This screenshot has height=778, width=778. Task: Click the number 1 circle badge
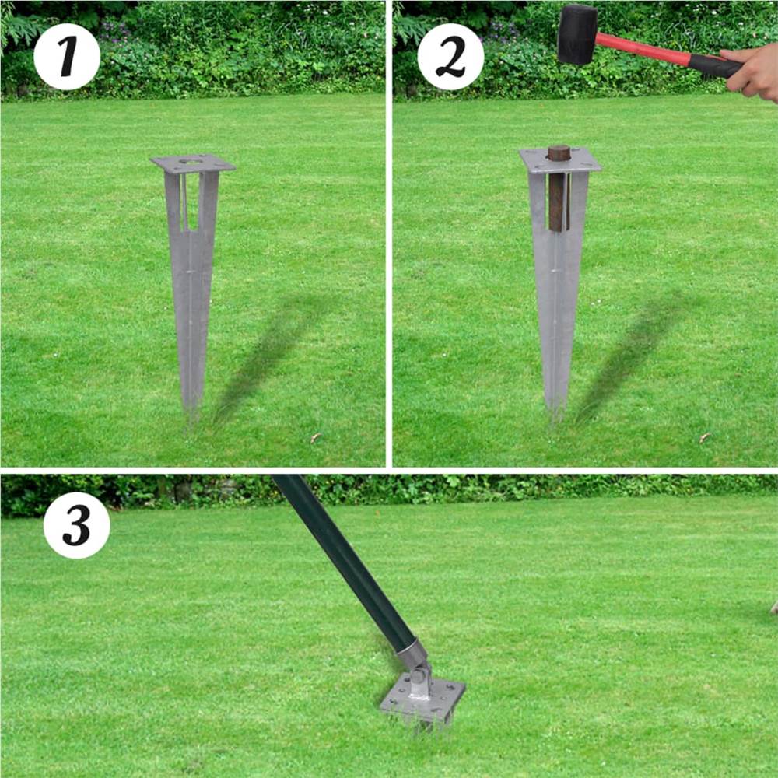(67, 57)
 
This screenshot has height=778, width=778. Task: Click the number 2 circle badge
(450, 57)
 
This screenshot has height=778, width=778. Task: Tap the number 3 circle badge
(76, 525)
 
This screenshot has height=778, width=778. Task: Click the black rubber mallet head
(577, 34)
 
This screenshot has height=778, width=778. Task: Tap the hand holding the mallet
(752, 72)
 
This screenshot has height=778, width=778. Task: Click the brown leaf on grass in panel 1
(315, 438)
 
